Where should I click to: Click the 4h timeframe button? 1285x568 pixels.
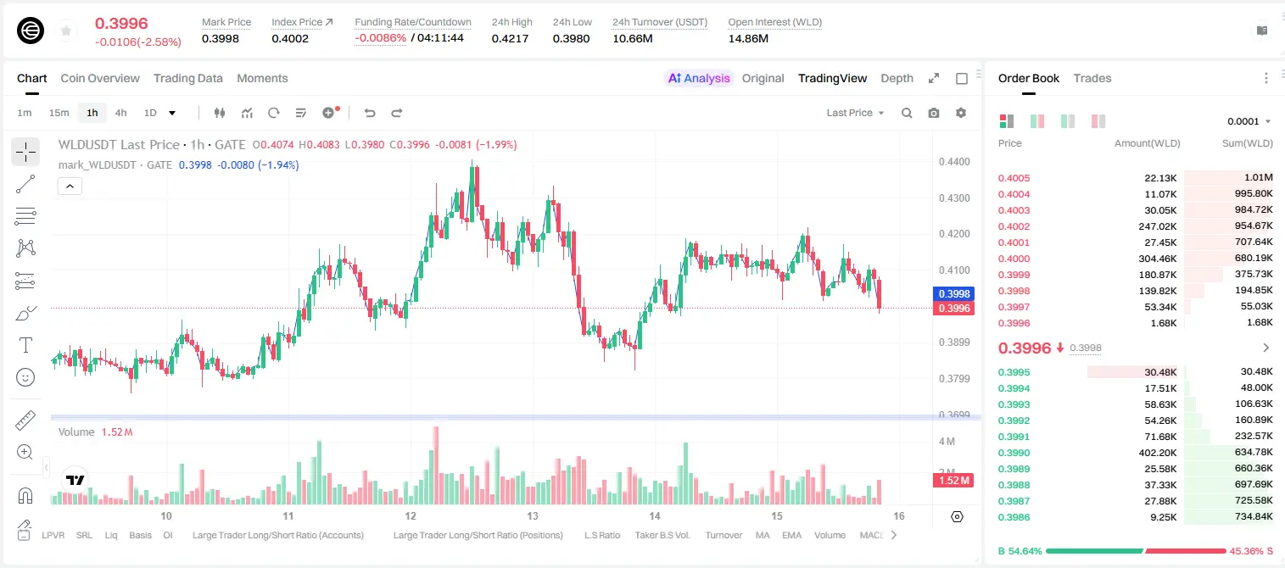coord(120,113)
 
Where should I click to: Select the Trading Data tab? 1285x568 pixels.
coord(188,78)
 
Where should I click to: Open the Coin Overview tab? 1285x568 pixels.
coord(100,78)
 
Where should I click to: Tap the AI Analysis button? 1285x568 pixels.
coord(699,78)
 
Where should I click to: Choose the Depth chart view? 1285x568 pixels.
coord(897,78)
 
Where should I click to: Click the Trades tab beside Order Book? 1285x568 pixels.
coord(1092,78)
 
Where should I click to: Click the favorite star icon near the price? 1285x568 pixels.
coord(66,31)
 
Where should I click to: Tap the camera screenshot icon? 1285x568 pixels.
coord(934,113)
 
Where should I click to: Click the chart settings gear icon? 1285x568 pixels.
coord(961,113)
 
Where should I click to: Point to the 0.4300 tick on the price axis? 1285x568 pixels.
coord(954,198)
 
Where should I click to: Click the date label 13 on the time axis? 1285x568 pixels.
coord(533,515)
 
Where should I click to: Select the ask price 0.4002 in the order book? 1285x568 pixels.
coord(1014,226)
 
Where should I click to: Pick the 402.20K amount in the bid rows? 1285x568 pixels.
coord(1158,453)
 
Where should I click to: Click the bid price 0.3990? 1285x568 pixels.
coord(1014,453)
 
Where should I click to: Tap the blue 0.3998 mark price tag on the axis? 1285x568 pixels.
coord(953,294)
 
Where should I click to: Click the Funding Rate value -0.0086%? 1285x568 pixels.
coord(380,38)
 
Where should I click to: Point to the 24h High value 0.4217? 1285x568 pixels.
coord(510,38)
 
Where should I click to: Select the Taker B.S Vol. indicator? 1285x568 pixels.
coord(662,535)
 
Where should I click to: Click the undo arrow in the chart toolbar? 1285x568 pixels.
coord(370,113)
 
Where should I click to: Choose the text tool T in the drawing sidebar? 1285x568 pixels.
coord(25,345)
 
